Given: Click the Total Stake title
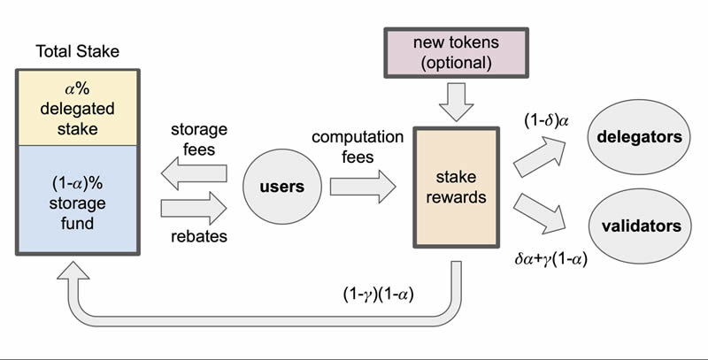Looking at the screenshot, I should [x=77, y=51].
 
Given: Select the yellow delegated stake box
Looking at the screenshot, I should [x=77, y=106].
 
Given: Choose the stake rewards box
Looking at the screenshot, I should [x=456, y=187].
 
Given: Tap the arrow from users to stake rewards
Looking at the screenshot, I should [x=363, y=187].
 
